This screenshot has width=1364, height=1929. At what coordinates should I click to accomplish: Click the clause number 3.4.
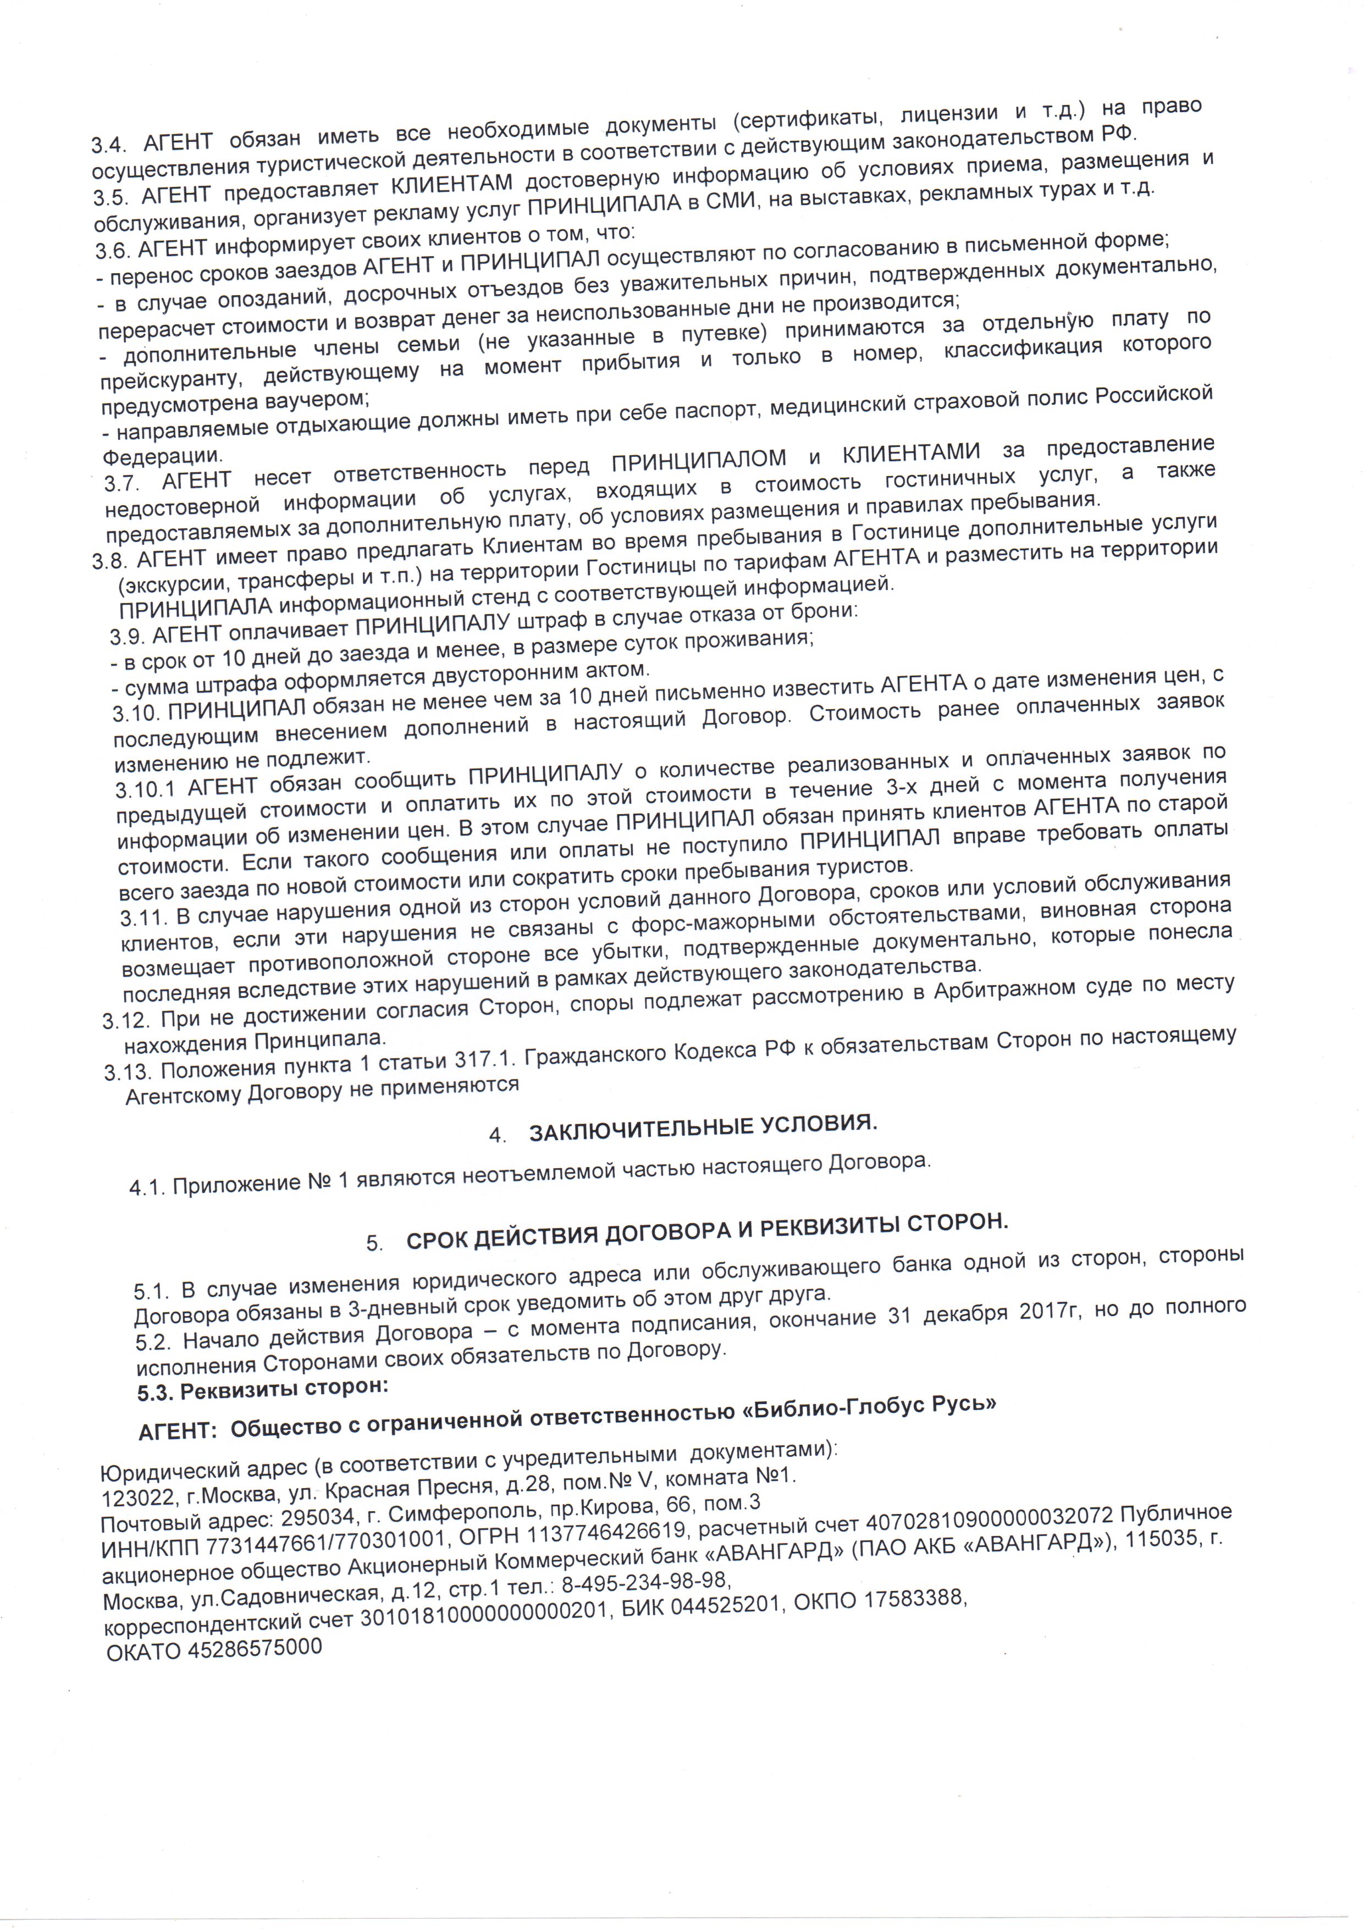click(110, 143)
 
